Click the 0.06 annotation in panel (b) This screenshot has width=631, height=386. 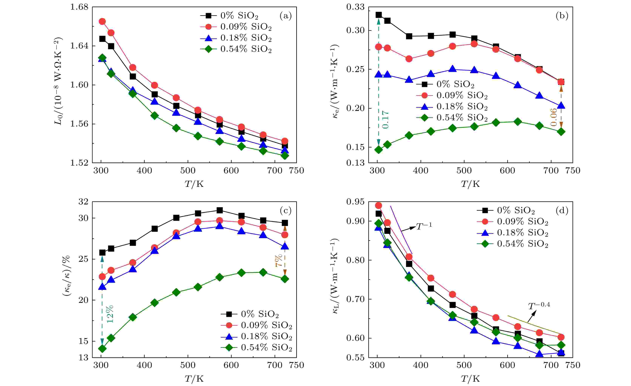tap(553, 117)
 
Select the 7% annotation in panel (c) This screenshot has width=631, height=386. tap(279, 260)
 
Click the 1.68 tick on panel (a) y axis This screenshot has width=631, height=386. tap(79, 7)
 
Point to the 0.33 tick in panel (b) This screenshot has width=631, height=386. tap(355, 7)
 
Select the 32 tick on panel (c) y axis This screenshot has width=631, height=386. tap(83, 202)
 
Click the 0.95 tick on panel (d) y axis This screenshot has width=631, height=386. tap(355, 202)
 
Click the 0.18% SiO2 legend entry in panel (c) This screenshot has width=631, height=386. tap(256, 336)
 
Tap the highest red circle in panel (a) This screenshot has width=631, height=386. tap(102, 21)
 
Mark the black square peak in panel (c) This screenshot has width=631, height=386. tap(220, 210)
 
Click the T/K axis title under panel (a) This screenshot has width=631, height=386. tap(194, 184)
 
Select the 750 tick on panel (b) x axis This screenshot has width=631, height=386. tap(573, 171)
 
